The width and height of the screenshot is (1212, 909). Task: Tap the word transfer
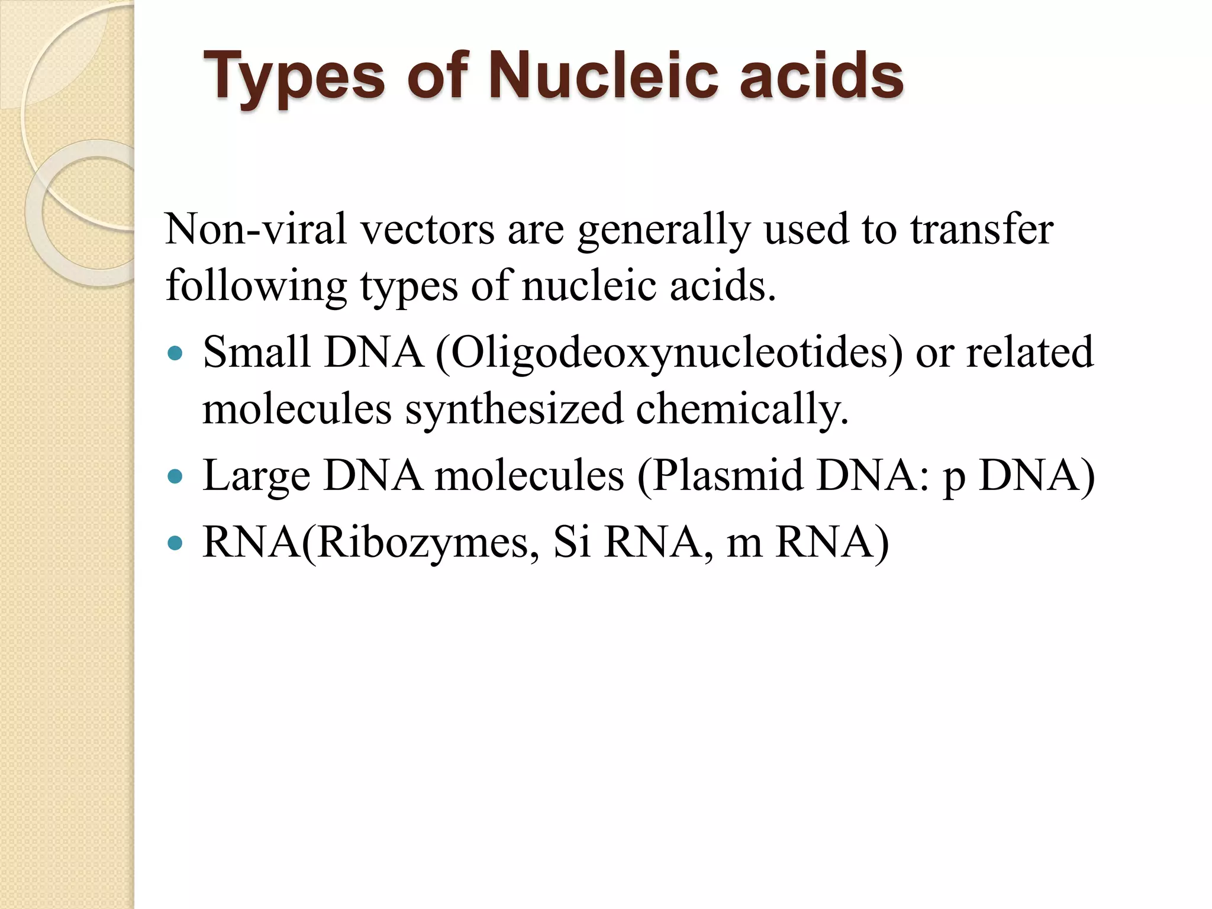pos(982,229)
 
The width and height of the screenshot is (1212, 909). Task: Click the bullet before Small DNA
pos(175,354)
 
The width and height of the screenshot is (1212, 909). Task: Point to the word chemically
pos(742,410)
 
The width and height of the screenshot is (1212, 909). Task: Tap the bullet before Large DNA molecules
pos(175,476)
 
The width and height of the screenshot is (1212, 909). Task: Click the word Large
pos(256,476)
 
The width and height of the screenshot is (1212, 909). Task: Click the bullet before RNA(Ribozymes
pos(175,543)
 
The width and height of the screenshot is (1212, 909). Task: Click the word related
pos(1030,352)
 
